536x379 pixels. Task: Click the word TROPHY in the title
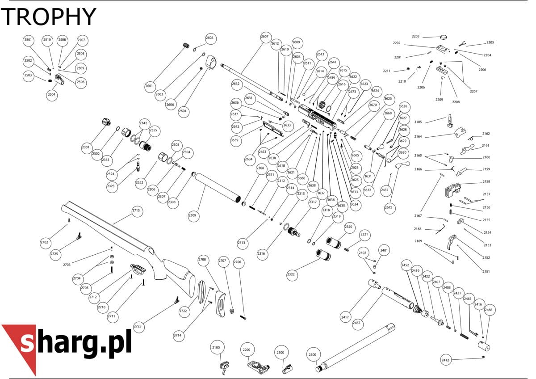click(48, 16)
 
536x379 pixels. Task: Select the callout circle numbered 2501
click(28, 40)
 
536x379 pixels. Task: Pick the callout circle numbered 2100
click(216, 347)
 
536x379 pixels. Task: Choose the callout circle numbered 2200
click(247, 350)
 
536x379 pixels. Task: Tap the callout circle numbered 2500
click(281, 353)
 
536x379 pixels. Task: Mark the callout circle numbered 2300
click(313, 354)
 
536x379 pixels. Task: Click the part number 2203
click(416, 36)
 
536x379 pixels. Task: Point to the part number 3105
click(418, 122)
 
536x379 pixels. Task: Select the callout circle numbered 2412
click(445, 360)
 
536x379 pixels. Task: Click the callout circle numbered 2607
click(264, 37)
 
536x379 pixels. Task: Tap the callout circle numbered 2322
click(291, 274)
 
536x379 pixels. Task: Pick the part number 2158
click(486, 181)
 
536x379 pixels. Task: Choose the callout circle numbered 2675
click(389, 207)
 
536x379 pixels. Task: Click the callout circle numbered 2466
click(489, 310)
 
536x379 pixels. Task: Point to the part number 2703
click(67, 265)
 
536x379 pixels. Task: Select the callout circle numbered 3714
click(178, 336)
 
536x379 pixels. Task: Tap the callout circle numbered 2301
click(86, 147)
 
